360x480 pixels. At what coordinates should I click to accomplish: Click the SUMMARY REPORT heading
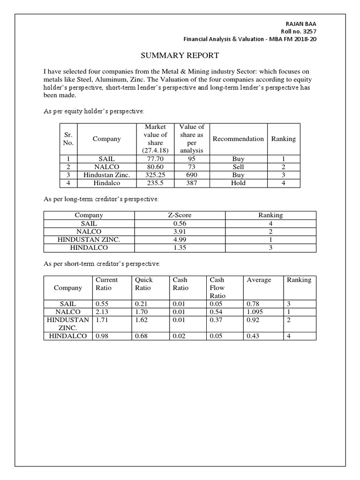[180, 56]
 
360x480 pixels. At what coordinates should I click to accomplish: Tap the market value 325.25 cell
[152, 175]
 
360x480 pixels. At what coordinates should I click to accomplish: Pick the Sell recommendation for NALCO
[238, 167]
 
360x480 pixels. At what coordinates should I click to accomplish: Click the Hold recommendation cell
[238, 183]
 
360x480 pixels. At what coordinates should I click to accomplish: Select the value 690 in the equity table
[191, 175]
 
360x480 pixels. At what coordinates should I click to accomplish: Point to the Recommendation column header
[238, 139]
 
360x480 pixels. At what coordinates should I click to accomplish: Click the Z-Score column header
[180, 215]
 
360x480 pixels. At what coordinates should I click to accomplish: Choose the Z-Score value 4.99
[180, 239]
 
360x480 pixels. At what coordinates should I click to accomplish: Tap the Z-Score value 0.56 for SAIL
[180, 223]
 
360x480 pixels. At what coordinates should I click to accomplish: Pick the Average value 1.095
[255, 312]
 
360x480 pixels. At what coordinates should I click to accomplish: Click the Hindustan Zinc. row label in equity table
[106, 175]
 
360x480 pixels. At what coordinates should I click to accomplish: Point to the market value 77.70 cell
[152, 159]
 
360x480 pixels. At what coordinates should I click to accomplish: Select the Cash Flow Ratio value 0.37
[216, 320]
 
